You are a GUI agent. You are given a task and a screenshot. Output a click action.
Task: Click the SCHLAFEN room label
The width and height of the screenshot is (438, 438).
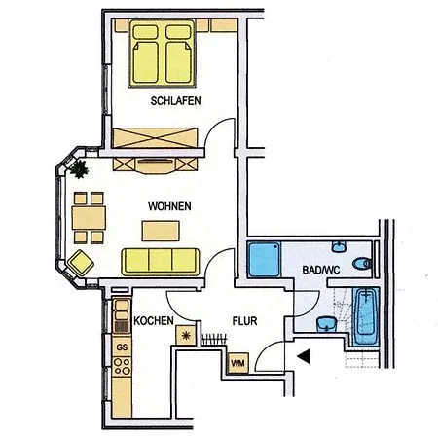pos(176,100)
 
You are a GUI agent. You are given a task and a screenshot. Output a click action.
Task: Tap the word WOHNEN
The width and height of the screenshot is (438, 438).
pos(169,206)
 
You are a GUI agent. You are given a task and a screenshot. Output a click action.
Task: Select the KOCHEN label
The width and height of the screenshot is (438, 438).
pos(154,320)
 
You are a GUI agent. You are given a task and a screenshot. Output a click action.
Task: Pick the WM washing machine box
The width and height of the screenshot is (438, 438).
pos(237,363)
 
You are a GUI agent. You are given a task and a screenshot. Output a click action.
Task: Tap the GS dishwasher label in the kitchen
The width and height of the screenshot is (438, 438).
pos(123,347)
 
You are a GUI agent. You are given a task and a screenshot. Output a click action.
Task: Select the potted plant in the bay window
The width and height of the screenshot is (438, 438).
pos(78,169)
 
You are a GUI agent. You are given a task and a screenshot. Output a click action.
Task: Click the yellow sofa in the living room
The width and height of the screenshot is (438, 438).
pos(160,260)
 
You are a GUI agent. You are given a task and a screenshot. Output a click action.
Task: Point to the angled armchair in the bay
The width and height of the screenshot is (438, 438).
pos(79,261)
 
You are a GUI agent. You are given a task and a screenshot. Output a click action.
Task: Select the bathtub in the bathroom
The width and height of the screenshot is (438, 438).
pos(366,315)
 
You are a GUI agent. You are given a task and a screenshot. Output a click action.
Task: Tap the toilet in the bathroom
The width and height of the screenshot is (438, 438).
pos(363,262)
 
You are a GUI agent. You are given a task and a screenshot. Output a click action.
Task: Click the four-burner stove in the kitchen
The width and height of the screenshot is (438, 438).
pos(123,367)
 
